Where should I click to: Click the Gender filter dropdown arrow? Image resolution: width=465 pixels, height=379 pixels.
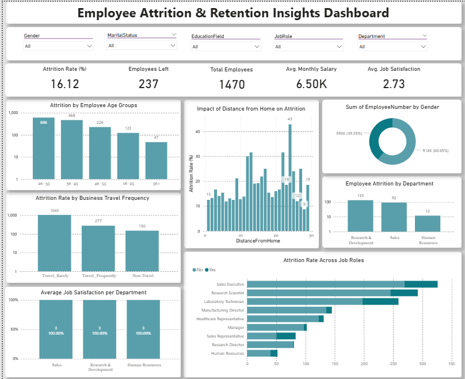point(89,46)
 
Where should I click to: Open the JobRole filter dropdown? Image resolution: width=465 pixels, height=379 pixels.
point(339,47)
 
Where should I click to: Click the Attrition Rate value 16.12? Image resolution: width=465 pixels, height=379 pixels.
point(64,84)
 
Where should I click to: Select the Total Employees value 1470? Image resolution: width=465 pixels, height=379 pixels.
point(231,85)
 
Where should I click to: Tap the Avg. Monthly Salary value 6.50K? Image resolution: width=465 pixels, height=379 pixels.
point(311,84)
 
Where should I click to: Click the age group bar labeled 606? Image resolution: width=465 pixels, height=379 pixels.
point(44,147)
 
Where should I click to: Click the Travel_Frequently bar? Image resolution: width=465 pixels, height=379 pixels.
point(98,248)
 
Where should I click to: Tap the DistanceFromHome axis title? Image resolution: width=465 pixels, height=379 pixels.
point(258,241)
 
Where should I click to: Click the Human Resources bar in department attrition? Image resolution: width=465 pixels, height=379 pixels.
point(428,223)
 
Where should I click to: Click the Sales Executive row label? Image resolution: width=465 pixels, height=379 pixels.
point(230,284)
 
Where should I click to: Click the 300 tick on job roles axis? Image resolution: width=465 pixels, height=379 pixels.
point(422,364)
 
